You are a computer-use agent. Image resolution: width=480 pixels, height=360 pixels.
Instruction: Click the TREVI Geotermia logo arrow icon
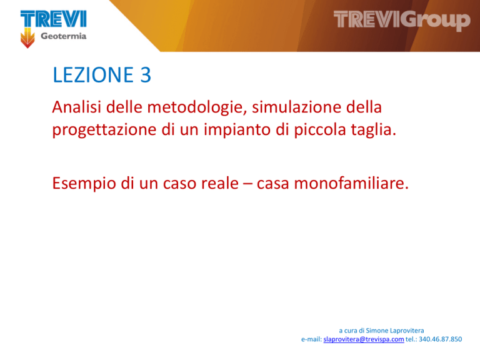pos(27,38)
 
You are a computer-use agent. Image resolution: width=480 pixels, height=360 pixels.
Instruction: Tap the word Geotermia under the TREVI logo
pos(64,36)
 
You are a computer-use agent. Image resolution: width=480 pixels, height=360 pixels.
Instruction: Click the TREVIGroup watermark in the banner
pos(402,20)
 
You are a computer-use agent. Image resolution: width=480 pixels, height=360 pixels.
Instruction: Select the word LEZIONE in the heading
pos(93,75)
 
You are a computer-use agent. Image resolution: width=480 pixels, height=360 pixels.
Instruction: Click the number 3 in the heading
pos(146,75)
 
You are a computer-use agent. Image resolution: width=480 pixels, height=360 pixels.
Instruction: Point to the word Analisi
pos(76,107)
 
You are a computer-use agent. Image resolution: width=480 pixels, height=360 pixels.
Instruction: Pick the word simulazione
pos(296,107)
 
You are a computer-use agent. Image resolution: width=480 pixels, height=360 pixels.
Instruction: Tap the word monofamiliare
pos(351,183)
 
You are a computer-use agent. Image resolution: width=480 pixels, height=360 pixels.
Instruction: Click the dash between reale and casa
pos(247,184)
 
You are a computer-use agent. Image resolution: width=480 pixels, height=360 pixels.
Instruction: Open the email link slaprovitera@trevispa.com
pos(364,339)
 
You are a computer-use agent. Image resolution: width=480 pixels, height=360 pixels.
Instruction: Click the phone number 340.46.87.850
pos(440,339)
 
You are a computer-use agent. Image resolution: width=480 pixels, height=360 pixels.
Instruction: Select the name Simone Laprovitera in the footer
pos(395,331)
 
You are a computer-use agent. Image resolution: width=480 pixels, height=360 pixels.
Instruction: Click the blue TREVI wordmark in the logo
pos(54,19)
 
